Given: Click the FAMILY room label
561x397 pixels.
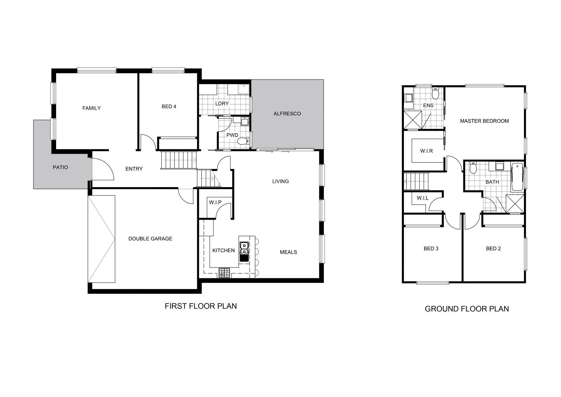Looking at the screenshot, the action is point(91,108).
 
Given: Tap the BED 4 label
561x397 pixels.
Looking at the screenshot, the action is point(169,107).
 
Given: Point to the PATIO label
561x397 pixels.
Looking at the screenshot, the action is point(60,167).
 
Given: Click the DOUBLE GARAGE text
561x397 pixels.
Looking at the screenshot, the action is point(150,239).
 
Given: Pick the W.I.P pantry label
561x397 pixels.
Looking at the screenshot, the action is point(215,202).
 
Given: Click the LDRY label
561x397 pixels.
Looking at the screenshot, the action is point(222,103).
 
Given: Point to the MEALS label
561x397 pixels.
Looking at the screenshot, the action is point(288,252).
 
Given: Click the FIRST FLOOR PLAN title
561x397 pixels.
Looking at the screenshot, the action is point(201,306).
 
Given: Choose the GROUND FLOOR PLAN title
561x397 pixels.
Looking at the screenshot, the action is point(467,309).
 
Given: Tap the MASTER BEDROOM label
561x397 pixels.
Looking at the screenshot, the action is point(484,121).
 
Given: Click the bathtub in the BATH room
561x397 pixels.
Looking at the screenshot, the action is point(517,177).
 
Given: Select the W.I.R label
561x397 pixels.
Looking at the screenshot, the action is point(426,151).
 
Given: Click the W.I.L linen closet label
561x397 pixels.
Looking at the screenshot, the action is point(422,198).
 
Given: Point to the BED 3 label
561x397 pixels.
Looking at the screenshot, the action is point(431,249).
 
